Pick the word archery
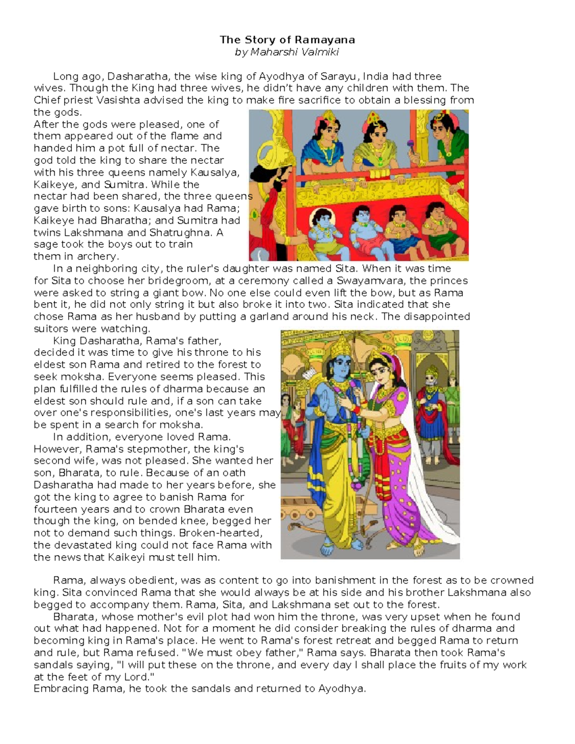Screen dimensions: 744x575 coord(98,256)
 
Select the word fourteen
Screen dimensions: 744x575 coord(53,509)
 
